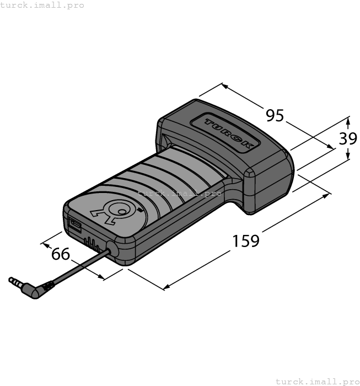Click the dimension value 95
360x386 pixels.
click(x=275, y=116)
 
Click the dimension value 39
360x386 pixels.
click(x=348, y=138)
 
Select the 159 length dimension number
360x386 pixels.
click(x=245, y=241)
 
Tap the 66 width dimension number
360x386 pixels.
click(x=61, y=254)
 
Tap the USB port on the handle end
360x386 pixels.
click(x=74, y=225)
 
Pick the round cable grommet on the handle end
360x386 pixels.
click(x=111, y=249)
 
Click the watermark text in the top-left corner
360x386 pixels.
click(x=42, y=5)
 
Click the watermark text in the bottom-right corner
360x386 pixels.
click(x=317, y=381)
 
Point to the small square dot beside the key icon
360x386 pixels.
click(x=140, y=210)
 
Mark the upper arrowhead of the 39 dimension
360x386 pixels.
click(x=348, y=119)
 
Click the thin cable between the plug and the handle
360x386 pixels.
click(x=77, y=268)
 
